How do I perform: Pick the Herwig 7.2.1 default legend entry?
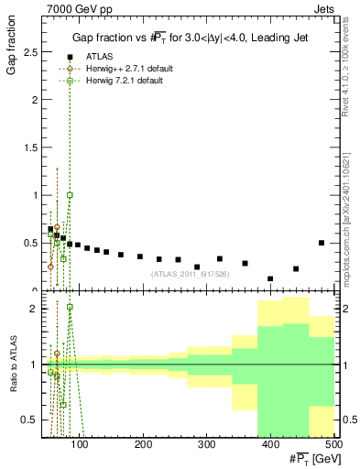coord(112,82)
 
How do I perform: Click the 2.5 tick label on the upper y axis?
coord(31,52)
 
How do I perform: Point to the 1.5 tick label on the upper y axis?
coord(31,147)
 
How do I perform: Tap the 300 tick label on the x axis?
coord(269,445)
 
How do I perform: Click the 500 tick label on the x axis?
coord(333,445)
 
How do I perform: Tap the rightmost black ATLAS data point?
coord(322,243)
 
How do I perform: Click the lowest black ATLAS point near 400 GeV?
coord(270,278)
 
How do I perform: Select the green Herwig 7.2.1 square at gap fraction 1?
coord(70,195)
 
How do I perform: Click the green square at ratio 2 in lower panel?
coord(70,307)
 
